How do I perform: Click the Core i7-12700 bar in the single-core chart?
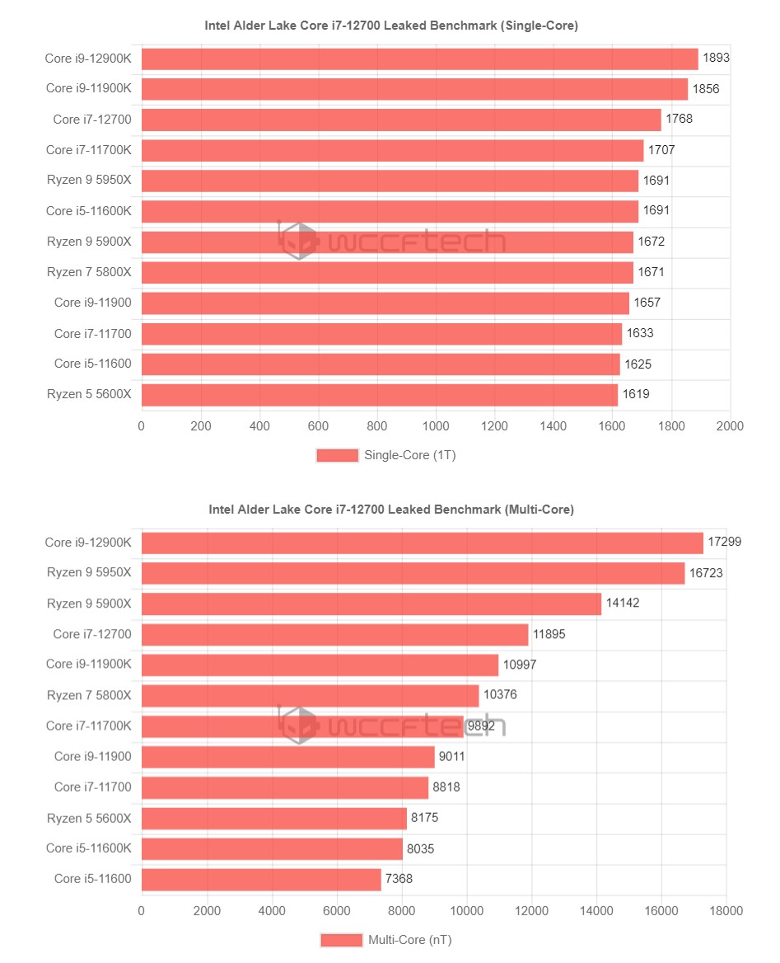coord(401,120)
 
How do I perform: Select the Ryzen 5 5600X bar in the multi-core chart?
coord(274,818)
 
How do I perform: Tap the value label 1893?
coord(717,59)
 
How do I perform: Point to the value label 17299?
coord(725,543)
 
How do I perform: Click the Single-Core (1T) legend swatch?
coord(338,455)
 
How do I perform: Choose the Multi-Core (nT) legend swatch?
coord(341,940)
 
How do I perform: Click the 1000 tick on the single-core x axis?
coord(436,426)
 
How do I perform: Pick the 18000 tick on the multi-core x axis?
coord(726,911)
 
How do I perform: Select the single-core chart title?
coord(391,26)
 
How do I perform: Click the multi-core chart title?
coord(391,510)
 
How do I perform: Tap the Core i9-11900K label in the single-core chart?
coord(88,89)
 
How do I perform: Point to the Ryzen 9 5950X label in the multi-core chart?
coord(88,573)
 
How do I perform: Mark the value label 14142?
coord(623,604)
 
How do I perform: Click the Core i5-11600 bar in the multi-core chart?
coord(261,879)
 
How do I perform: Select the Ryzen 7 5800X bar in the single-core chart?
coord(387,272)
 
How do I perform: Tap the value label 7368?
coord(399,879)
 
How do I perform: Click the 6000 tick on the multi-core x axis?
coord(336,911)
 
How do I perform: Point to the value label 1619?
coord(636,394)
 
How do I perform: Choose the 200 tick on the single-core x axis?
coord(200,426)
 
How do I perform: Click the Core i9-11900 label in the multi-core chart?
coord(92,756)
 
